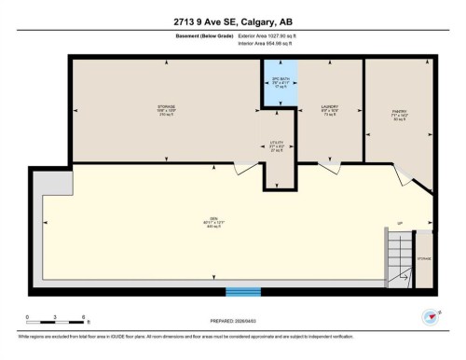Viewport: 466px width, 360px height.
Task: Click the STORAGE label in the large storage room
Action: coord(166,110)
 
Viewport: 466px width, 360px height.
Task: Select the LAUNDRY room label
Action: coord(328,110)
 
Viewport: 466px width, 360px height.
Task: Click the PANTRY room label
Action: coord(398,116)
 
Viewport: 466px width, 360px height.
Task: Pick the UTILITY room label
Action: coord(277,145)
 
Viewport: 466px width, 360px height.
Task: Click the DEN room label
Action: coord(214,225)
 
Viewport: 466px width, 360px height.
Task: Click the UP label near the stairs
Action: coord(399,225)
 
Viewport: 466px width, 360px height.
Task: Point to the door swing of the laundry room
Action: coord(329,169)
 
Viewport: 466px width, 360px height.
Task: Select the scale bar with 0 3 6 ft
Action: coord(57,322)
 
